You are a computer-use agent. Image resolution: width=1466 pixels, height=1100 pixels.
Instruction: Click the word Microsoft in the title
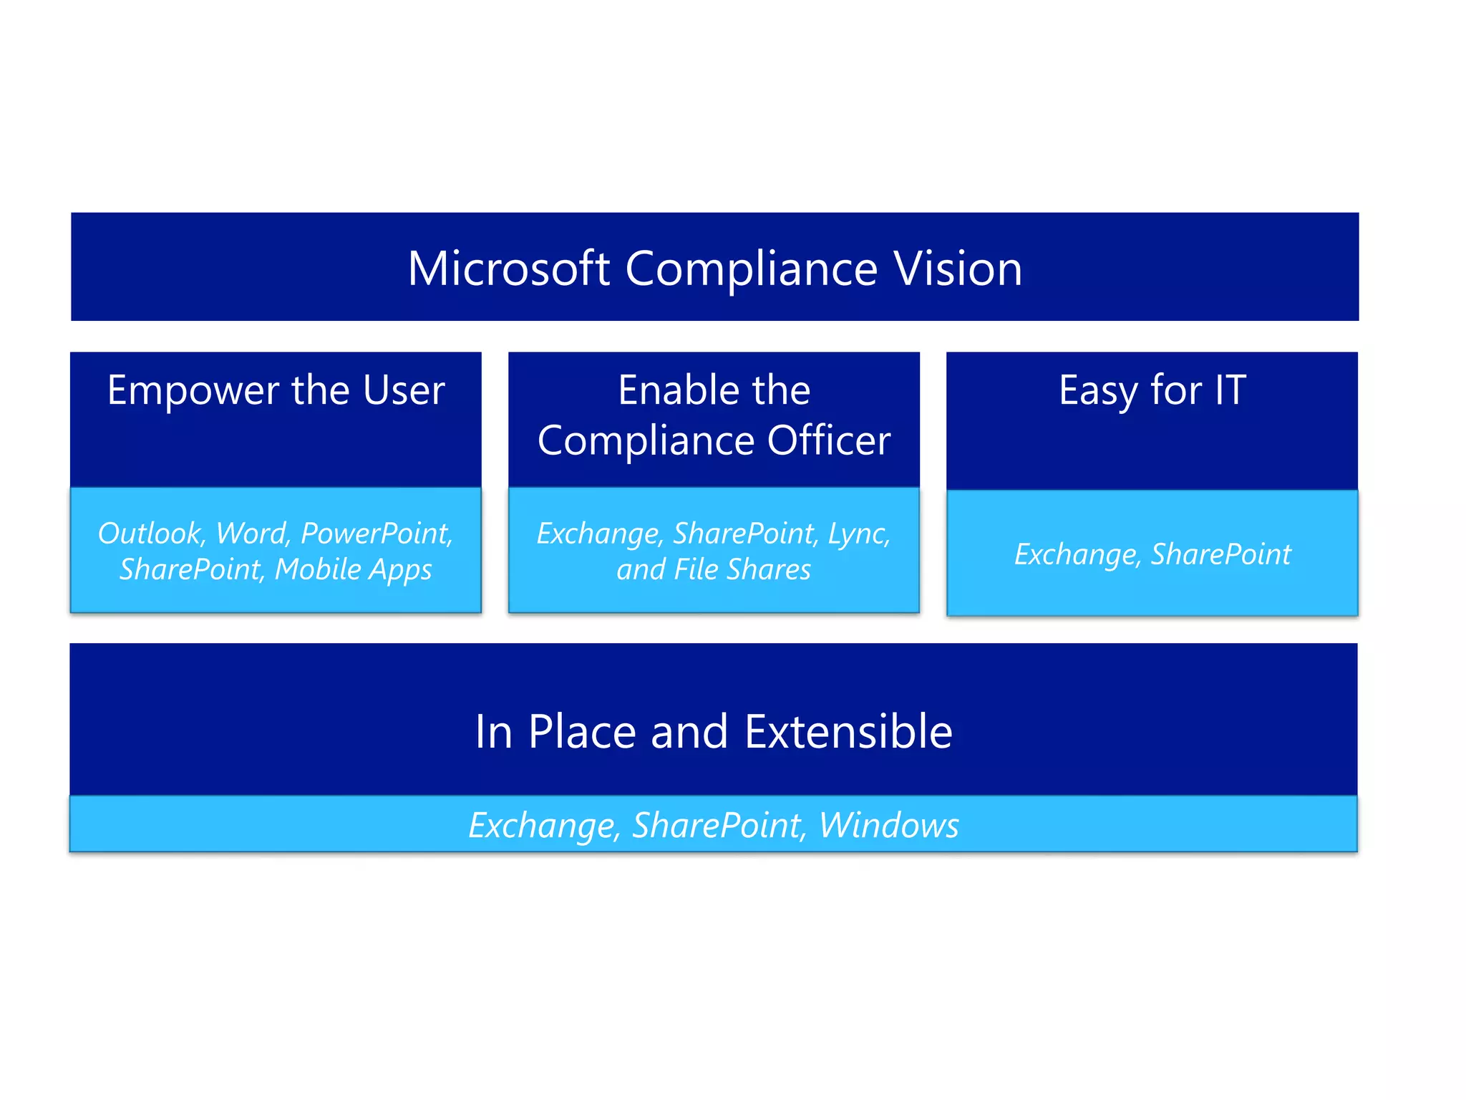[508, 269]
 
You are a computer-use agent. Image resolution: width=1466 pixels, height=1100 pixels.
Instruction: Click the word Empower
[193, 391]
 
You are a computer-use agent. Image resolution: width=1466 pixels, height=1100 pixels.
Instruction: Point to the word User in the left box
[404, 391]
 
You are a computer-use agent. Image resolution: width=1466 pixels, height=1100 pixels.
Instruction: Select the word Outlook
[151, 534]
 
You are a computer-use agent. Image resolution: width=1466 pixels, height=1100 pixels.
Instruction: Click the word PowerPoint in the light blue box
[377, 534]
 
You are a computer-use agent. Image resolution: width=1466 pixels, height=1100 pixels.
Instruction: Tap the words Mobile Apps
[353, 570]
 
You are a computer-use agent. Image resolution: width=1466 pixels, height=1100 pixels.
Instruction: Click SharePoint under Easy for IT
[1221, 554]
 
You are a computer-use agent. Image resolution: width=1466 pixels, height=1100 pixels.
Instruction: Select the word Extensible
[848, 732]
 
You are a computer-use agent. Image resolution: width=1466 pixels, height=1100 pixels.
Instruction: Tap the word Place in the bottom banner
[582, 732]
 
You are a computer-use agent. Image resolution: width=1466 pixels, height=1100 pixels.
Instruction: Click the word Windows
[888, 825]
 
